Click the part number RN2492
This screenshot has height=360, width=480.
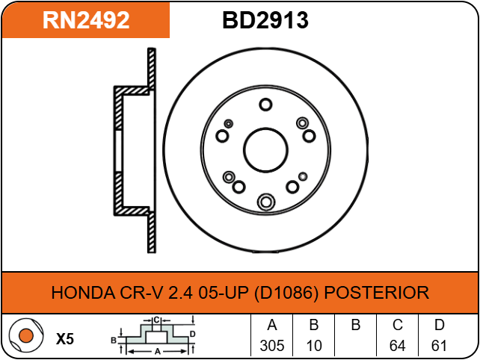click(86, 20)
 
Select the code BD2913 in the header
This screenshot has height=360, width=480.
click(265, 20)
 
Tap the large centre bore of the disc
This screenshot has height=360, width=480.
click(265, 150)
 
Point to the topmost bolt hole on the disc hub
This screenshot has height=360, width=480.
click(265, 105)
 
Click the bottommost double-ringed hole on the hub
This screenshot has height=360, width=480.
click(266, 202)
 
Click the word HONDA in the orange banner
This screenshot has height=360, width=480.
click(83, 292)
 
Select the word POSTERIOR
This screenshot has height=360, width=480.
click(377, 292)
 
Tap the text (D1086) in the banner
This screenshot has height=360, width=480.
click(286, 293)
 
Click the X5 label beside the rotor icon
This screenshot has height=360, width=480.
click(65, 339)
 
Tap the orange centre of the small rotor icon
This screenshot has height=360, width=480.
click(25, 335)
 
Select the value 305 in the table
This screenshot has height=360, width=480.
click(272, 346)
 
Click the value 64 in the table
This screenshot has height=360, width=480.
click(397, 346)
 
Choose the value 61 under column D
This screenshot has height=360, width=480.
click(439, 346)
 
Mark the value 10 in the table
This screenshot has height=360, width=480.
click(314, 346)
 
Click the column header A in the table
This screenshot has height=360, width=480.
click(272, 325)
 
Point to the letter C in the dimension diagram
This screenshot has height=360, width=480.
click(156, 320)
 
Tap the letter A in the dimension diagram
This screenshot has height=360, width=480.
click(157, 352)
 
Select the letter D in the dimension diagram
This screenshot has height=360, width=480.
click(192, 334)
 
